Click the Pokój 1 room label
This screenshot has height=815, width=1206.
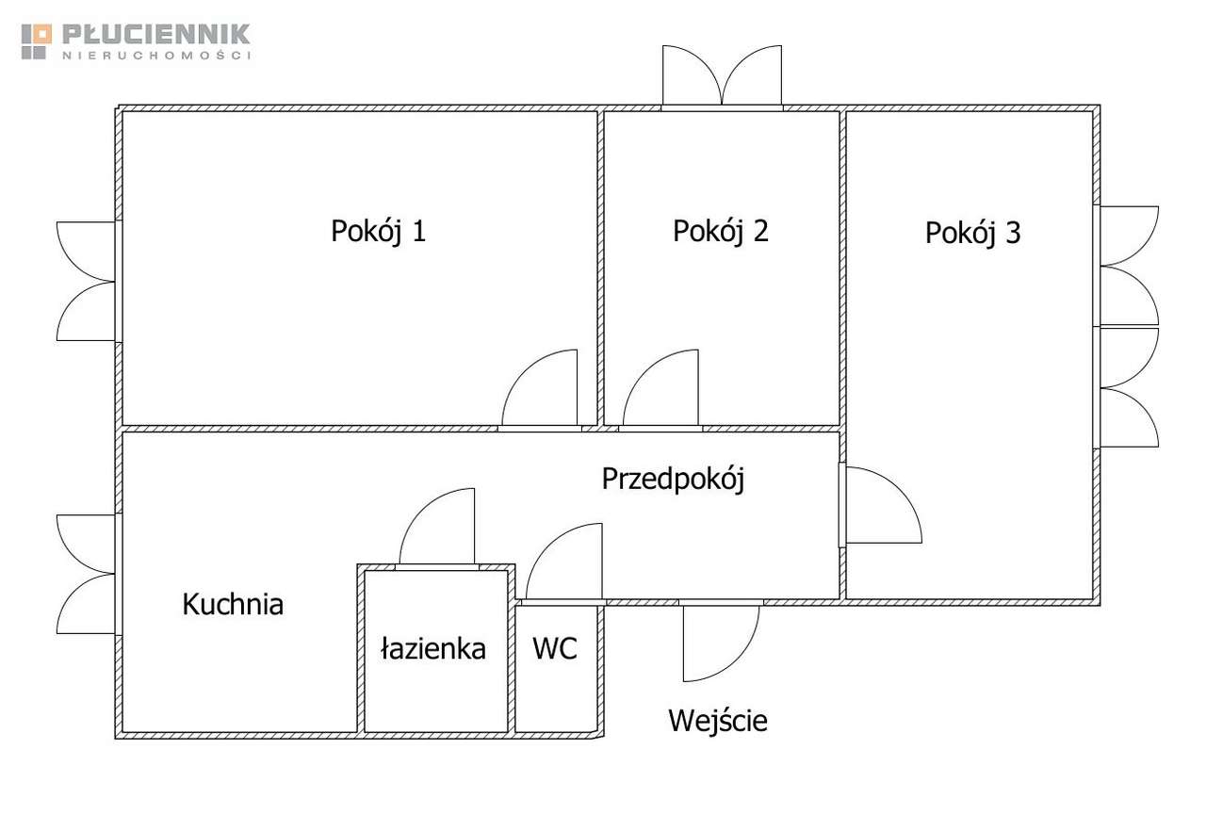tap(378, 231)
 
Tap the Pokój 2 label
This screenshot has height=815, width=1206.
tap(720, 231)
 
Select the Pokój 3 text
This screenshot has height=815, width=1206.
tap(972, 233)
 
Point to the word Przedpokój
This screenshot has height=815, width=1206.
tap(673, 480)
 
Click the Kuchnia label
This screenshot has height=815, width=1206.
tap(233, 604)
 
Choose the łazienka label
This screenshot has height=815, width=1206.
tap(433, 648)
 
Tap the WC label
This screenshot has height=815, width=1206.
tap(555, 648)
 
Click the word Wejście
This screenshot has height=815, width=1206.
tap(718, 721)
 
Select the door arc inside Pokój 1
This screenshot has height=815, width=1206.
tap(541, 388)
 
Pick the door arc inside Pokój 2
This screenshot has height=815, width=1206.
tap(660, 388)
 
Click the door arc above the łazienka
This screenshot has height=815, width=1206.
tap(438, 528)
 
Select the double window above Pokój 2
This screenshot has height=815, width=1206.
tap(722, 77)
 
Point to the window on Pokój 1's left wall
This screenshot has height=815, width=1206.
tap(87, 281)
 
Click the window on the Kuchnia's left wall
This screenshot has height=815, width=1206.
tap(87, 574)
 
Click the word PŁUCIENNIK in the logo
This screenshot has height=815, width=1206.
tap(156, 35)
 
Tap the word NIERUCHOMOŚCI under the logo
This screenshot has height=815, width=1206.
tap(156, 57)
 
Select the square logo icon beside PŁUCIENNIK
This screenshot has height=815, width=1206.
tap(37, 41)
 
